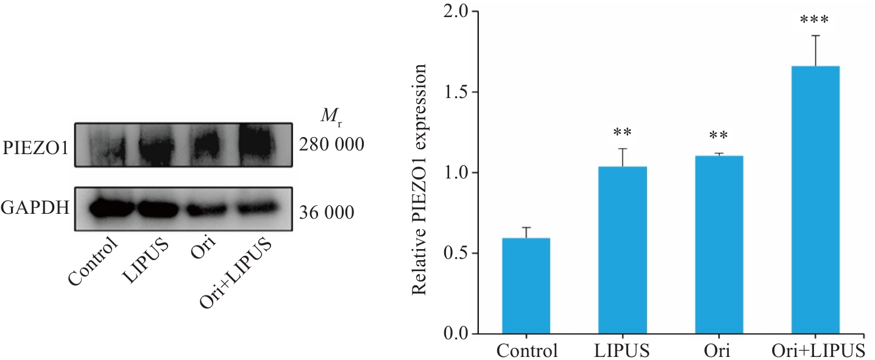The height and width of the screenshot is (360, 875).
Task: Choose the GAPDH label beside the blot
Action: tap(34, 208)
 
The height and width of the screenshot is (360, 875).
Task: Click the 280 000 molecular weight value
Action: tap(331, 145)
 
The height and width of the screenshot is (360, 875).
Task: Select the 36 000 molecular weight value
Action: tap(327, 213)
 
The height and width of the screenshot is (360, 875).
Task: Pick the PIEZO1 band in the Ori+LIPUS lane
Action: tap(263, 144)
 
